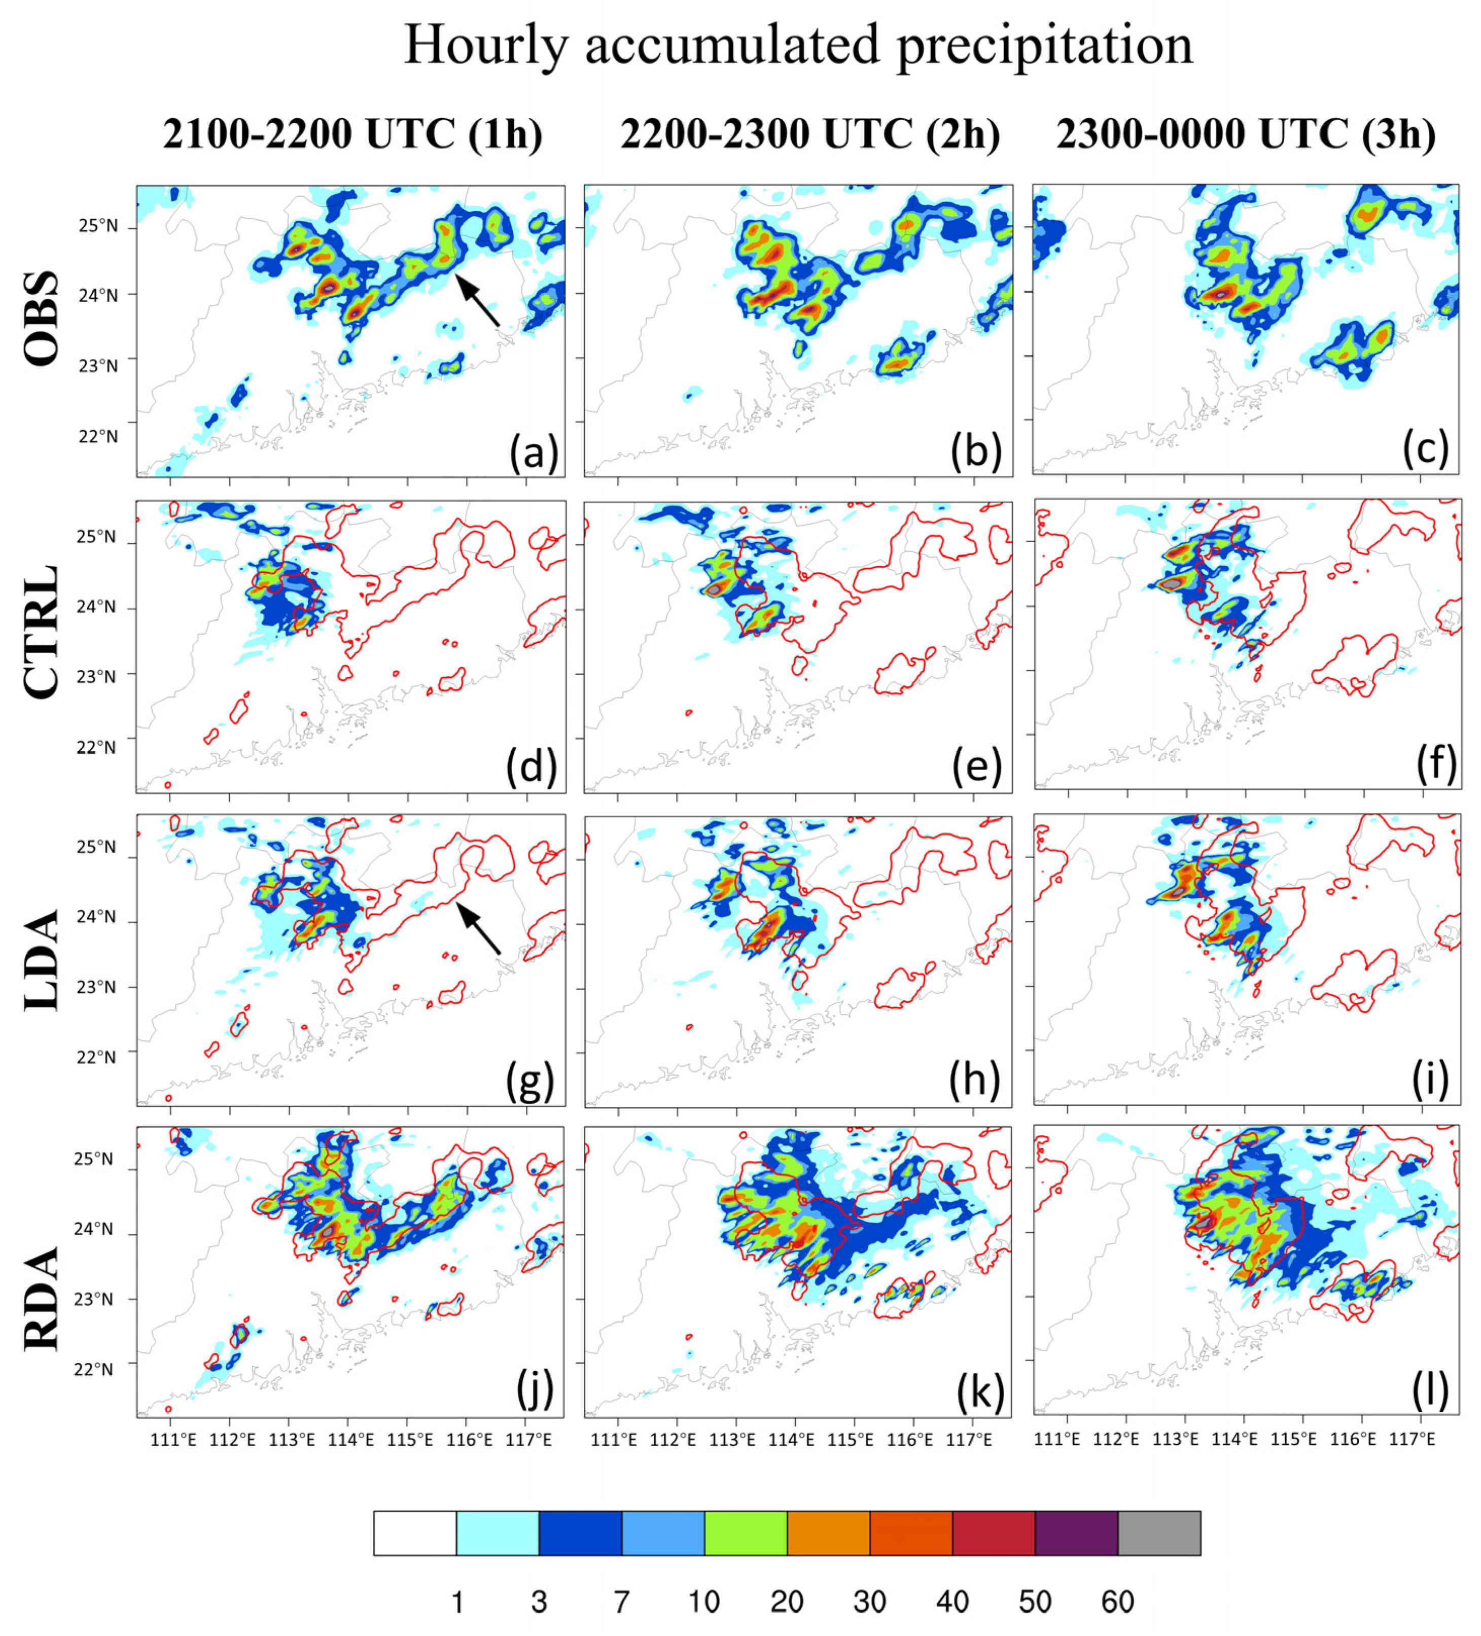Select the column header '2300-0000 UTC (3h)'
1246,134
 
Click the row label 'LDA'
42,959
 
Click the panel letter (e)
976,765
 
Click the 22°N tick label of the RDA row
95,1370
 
